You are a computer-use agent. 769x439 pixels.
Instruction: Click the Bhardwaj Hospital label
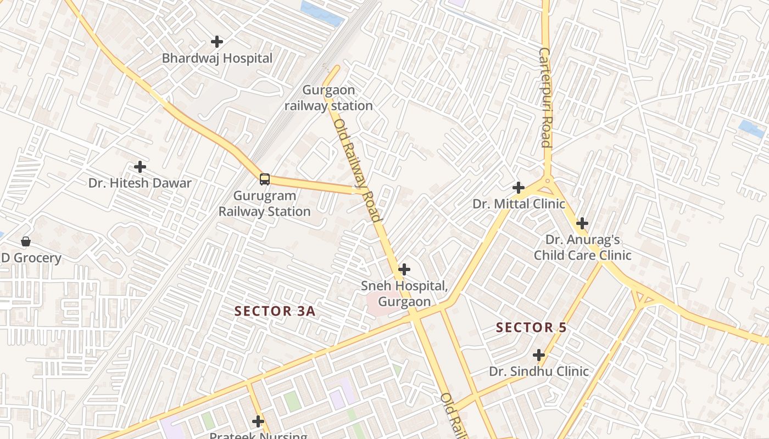217,58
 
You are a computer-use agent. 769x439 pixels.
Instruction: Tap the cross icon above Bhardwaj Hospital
217,41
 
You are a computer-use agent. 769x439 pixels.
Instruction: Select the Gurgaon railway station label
328,98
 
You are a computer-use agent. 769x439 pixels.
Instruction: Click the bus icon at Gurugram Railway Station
265,179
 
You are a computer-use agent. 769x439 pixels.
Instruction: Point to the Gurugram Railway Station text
265,204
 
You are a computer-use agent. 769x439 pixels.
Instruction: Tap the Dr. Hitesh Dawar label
140,183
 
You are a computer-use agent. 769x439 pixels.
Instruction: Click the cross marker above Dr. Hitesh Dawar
140,166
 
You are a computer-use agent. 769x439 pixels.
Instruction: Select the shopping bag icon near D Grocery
25,241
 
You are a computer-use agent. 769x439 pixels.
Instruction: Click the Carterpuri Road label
544,98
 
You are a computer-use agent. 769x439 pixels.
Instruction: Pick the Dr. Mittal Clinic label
519,204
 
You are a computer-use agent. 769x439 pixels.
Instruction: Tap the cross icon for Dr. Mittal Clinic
518,188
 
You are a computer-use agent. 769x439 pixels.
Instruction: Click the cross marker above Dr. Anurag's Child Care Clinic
582,223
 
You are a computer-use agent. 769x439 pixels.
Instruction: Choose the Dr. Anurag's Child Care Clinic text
582,247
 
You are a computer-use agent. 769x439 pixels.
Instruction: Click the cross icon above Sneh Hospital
404,269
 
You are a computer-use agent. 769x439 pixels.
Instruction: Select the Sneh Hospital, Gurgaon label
404,294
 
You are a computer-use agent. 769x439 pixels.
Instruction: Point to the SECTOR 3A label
275,311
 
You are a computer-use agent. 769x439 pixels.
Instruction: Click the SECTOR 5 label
531,328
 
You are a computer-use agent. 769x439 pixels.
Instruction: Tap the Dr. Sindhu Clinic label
539,372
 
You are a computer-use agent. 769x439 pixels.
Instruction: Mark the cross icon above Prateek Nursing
258,421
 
